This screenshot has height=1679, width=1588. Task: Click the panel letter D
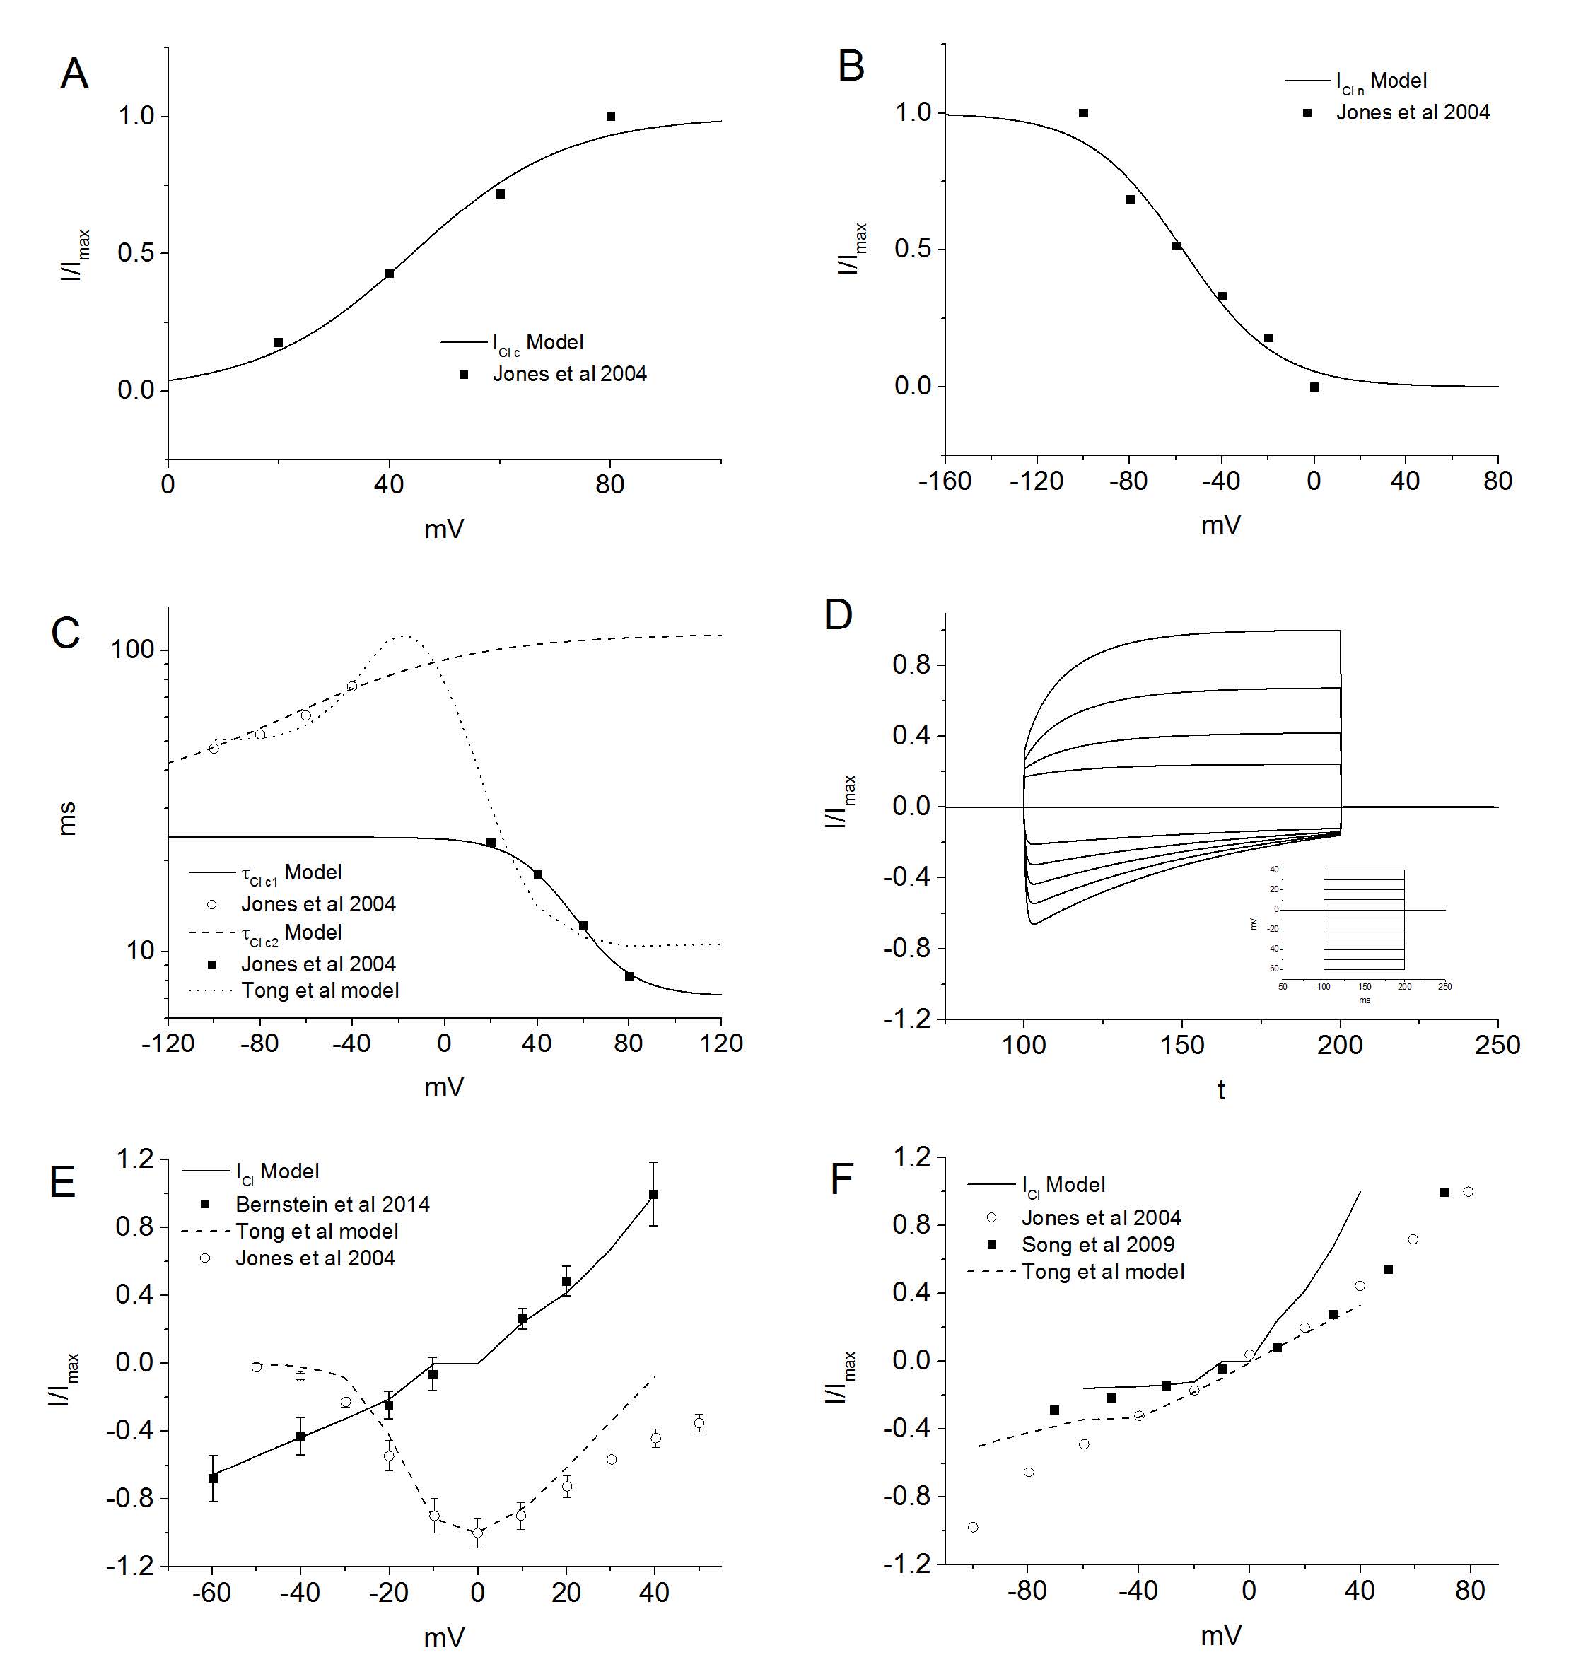tap(838, 615)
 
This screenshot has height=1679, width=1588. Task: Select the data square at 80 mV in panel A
tap(610, 117)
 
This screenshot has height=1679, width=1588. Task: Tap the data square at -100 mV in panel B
tap(1083, 113)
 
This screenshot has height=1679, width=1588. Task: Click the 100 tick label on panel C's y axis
tap(133, 650)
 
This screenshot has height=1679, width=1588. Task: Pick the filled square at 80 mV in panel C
tap(629, 976)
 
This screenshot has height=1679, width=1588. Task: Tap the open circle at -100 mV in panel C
tap(214, 749)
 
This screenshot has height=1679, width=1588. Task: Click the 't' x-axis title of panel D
tap(1220, 1090)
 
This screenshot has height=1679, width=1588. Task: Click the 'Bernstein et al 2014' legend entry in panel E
tap(332, 1204)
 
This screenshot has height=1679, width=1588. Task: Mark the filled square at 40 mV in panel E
tap(653, 1194)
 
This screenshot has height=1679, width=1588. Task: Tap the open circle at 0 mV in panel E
tap(477, 1533)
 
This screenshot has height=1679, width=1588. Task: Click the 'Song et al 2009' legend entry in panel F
tap(1097, 1245)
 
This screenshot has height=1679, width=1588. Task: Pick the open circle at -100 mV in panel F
tap(973, 1528)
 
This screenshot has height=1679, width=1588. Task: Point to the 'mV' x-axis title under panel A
tap(443, 530)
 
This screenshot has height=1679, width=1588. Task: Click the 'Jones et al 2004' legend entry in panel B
tap(1412, 112)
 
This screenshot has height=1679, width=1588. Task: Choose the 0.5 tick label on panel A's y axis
tap(136, 253)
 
